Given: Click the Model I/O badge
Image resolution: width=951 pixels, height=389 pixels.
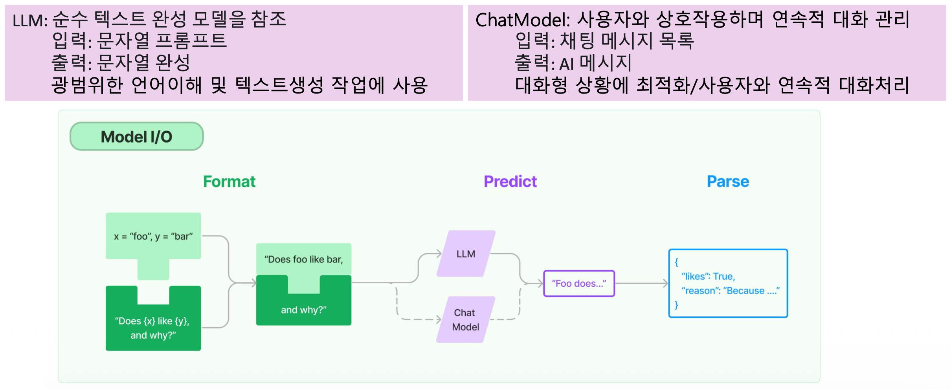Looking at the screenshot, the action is pyautogui.click(x=136, y=136).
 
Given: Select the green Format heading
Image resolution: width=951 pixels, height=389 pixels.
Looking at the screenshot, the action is pyautogui.click(x=229, y=182).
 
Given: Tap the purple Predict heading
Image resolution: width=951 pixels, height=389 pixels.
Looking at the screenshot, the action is pyautogui.click(x=510, y=182).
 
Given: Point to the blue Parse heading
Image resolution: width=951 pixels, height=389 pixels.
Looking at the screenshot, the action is pyautogui.click(x=728, y=182).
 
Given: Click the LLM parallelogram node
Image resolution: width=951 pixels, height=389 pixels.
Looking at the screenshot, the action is pyautogui.click(x=466, y=254).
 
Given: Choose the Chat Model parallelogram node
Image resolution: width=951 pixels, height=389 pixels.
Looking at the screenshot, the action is pyautogui.click(x=466, y=319).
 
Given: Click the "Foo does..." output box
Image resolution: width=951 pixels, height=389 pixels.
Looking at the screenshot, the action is pyautogui.click(x=579, y=283).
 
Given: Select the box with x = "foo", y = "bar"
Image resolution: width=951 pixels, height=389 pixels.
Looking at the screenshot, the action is pyautogui.click(x=153, y=236).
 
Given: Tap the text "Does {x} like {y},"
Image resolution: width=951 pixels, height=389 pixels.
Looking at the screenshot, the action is pyautogui.click(x=152, y=321).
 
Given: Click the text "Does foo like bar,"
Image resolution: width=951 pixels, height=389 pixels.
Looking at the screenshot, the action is pyautogui.click(x=303, y=259).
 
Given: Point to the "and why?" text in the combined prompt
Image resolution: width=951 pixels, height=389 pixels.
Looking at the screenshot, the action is pyautogui.click(x=303, y=310).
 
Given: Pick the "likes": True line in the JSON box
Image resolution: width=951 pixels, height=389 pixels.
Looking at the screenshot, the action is pyautogui.click(x=708, y=276).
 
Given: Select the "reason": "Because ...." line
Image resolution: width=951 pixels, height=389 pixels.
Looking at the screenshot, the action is pyautogui.click(x=731, y=290).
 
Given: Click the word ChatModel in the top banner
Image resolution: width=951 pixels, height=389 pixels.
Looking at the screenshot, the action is pyautogui.click(x=523, y=20).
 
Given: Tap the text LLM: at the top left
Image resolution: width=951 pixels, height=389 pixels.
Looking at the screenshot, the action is pyautogui.click(x=30, y=20).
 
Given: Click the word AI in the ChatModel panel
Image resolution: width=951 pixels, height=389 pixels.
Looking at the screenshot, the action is pyautogui.click(x=567, y=64).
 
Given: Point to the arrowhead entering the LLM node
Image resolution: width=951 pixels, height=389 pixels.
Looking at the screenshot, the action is pyautogui.click(x=439, y=254).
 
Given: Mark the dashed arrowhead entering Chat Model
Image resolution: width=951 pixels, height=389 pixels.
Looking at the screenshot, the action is pyautogui.click(x=439, y=319).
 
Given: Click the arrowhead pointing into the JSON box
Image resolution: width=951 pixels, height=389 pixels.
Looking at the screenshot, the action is pyautogui.click(x=665, y=283).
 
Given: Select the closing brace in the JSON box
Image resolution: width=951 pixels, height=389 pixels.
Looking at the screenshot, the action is pyautogui.click(x=676, y=305).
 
